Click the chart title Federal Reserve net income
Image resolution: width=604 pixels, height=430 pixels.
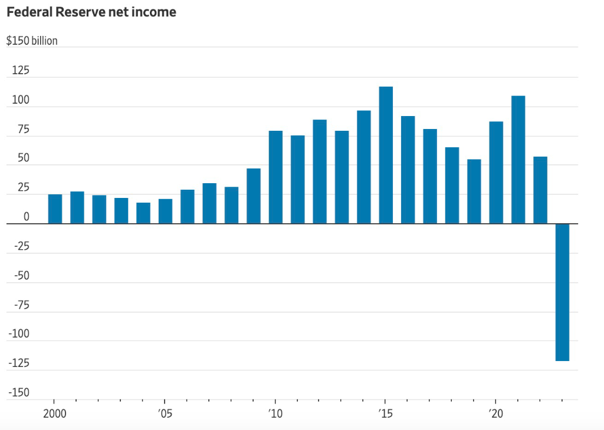click(x=91, y=12)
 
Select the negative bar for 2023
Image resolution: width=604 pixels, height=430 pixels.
click(x=562, y=292)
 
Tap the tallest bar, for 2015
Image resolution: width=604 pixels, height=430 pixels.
click(x=386, y=155)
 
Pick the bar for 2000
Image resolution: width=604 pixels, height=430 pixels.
click(x=55, y=209)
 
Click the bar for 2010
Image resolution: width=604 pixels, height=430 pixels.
click(x=275, y=177)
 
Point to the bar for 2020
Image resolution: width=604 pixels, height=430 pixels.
click(x=496, y=172)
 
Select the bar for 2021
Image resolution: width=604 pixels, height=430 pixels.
click(x=518, y=159)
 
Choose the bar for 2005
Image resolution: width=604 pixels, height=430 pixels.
click(x=165, y=211)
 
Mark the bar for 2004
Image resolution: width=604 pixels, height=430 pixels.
click(x=143, y=213)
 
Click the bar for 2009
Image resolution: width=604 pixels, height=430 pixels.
click(x=254, y=196)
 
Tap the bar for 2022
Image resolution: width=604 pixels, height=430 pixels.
click(x=540, y=190)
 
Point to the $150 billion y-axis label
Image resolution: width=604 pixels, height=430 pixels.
click(x=32, y=41)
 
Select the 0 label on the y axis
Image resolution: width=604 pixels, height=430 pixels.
click(x=26, y=217)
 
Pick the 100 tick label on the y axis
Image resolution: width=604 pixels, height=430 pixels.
click(x=21, y=100)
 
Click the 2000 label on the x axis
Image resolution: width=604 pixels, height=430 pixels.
click(x=54, y=413)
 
